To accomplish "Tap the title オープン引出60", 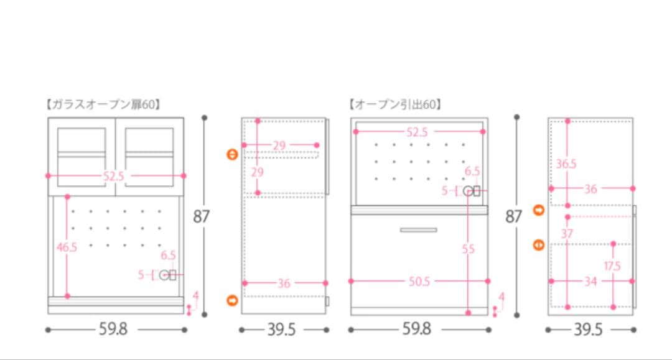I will pos(395,104).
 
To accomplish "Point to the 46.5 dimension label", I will pos(67,247).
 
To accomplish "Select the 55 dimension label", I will pos(469,249).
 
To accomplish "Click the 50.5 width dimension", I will pos(419,282).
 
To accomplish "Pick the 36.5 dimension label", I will pos(566,164).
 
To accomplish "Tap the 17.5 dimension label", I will pos(612,266).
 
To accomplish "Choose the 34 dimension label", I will pos(590,282).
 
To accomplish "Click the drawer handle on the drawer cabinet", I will pos(418,230).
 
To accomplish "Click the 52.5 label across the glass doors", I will pos(114,176).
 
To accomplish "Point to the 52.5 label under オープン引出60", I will pos(417,132).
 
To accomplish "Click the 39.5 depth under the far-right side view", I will pos(588,329).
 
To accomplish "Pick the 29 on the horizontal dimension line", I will pos(279,145).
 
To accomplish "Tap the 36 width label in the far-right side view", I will pos(590,188).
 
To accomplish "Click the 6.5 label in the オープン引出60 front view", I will pos(472,171).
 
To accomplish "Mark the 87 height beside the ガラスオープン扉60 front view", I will pos(202,216).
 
